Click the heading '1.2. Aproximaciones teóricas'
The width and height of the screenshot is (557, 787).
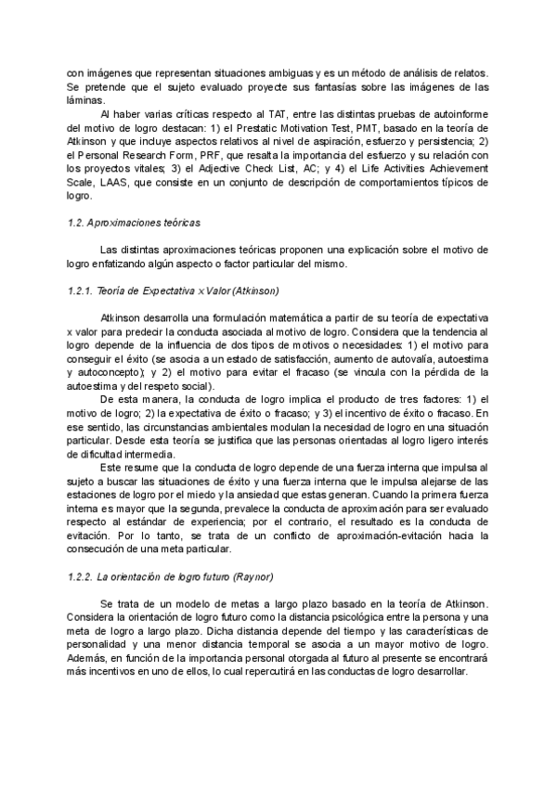click(x=136, y=225)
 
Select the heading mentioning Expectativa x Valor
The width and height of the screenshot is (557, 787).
click(x=173, y=290)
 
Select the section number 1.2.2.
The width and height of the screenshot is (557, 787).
click(x=84, y=576)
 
